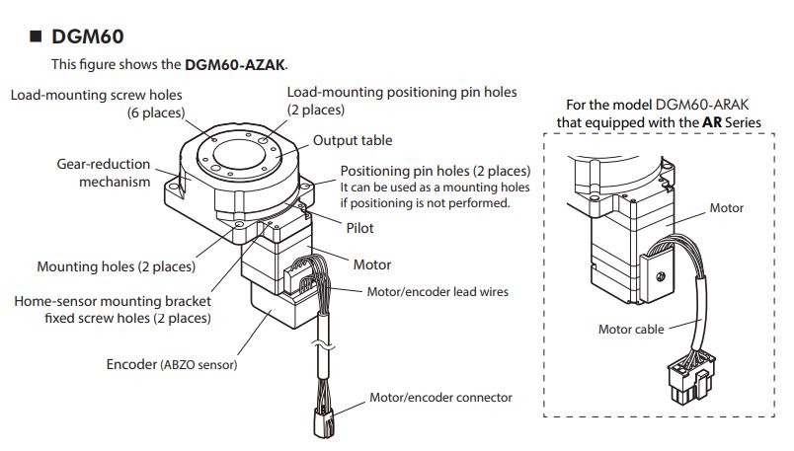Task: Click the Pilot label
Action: [359, 228]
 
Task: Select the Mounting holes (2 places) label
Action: [116, 266]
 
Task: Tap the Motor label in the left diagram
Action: [371, 264]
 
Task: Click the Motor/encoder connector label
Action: [440, 398]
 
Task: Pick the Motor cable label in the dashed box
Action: [631, 330]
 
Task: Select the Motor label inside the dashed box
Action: [727, 208]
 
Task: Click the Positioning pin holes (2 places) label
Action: [435, 171]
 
